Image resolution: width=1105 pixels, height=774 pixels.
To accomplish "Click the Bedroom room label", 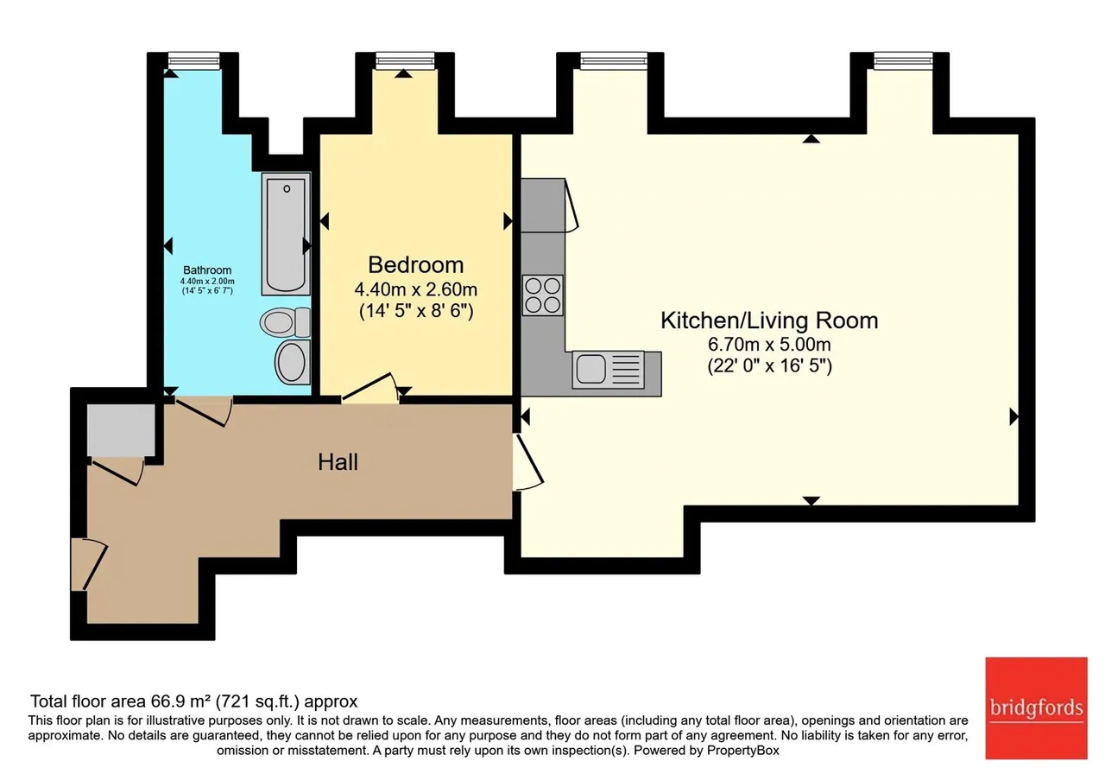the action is (416, 265).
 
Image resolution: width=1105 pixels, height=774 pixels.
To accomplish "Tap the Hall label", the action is (338, 462).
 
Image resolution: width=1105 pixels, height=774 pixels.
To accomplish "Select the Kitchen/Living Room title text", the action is (769, 320).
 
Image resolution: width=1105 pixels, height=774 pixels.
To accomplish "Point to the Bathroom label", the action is (207, 270).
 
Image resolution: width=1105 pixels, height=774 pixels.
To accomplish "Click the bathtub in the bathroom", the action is (286, 234).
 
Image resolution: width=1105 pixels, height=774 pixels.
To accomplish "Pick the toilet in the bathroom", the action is (285, 322).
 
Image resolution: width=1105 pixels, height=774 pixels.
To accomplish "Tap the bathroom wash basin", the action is (293, 362).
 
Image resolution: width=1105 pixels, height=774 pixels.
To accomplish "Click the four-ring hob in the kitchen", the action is (543, 295).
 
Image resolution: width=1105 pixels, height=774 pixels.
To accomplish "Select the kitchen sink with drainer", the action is (609, 369).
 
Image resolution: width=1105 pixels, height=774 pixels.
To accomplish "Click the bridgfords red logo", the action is (1037, 707).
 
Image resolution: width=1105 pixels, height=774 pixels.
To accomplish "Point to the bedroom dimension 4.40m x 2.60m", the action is (416, 289).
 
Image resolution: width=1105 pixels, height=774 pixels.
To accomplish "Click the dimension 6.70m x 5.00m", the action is (769, 344).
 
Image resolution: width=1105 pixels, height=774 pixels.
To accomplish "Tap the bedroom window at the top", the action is (405, 61).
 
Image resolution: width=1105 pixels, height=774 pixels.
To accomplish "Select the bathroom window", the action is (193, 60).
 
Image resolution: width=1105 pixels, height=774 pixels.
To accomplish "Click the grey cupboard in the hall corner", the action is (121, 430).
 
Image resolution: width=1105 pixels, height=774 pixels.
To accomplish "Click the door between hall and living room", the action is (527, 462).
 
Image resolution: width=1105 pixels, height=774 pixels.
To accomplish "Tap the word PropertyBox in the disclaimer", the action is (743, 751).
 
